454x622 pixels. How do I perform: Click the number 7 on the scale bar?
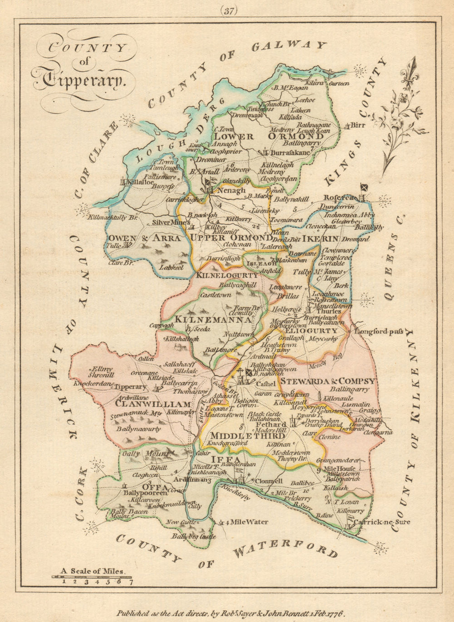tap(131, 583)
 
